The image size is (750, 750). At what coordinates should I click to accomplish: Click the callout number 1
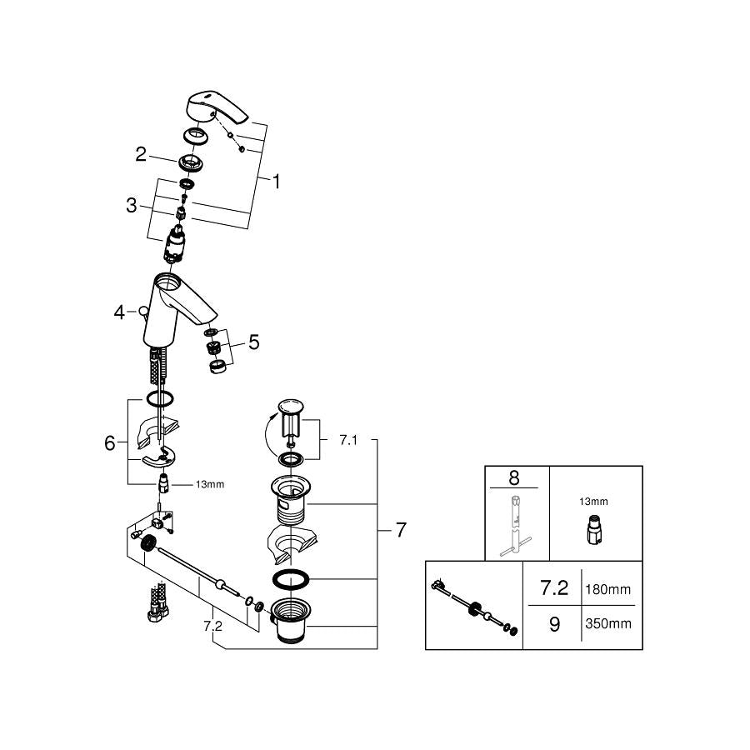click(276, 182)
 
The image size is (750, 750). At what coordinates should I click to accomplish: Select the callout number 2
click(141, 154)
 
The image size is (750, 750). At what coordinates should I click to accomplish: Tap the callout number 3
click(131, 205)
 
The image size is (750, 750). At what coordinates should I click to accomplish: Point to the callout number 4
click(119, 312)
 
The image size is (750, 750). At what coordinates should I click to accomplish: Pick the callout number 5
click(254, 342)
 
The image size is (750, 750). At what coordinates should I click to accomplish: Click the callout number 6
click(109, 443)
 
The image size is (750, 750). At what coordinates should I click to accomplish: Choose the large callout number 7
click(401, 530)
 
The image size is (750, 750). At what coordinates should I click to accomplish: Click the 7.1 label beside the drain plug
click(348, 440)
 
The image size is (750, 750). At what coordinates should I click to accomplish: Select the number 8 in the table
click(514, 477)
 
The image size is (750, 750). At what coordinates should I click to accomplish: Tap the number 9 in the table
click(554, 624)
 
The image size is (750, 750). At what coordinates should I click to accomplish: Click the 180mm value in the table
click(608, 589)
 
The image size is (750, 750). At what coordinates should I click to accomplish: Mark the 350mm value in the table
click(608, 623)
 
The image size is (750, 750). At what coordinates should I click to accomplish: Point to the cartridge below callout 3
click(173, 245)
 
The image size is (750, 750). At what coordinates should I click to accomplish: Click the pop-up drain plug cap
click(290, 407)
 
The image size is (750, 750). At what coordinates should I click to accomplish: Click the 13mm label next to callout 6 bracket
click(209, 484)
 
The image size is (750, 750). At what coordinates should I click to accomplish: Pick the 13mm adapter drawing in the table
click(594, 529)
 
